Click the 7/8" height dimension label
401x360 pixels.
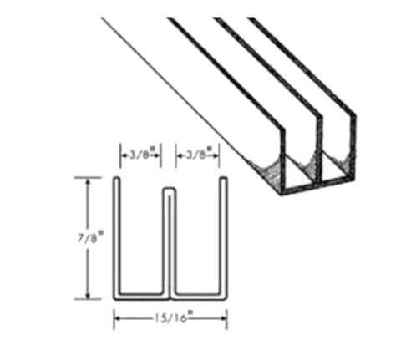[x=90, y=237]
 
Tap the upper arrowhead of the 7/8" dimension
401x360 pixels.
[x=88, y=181]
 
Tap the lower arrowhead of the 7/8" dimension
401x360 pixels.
[x=88, y=296]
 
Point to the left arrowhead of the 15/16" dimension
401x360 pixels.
[x=117, y=318]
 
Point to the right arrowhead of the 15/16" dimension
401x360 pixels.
[x=223, y=318]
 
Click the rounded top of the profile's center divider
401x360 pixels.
[x=169, y=190]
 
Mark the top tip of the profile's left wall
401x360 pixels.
[x=117, y=178]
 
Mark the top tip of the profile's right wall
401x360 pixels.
[x=223, y=178]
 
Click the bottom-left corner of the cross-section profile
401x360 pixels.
[x=114, y=299]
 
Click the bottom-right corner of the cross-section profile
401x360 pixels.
[x=226, y=298]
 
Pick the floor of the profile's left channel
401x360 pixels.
[x=141, y=294]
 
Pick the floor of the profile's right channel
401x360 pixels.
[x=197, y=294]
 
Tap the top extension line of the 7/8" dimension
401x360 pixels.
[x=88, y=177]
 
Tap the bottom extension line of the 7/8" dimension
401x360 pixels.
[x=88, y=299]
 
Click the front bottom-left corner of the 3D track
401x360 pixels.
[x=282, y=195]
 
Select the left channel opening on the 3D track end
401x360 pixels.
[x=299, y=174]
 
